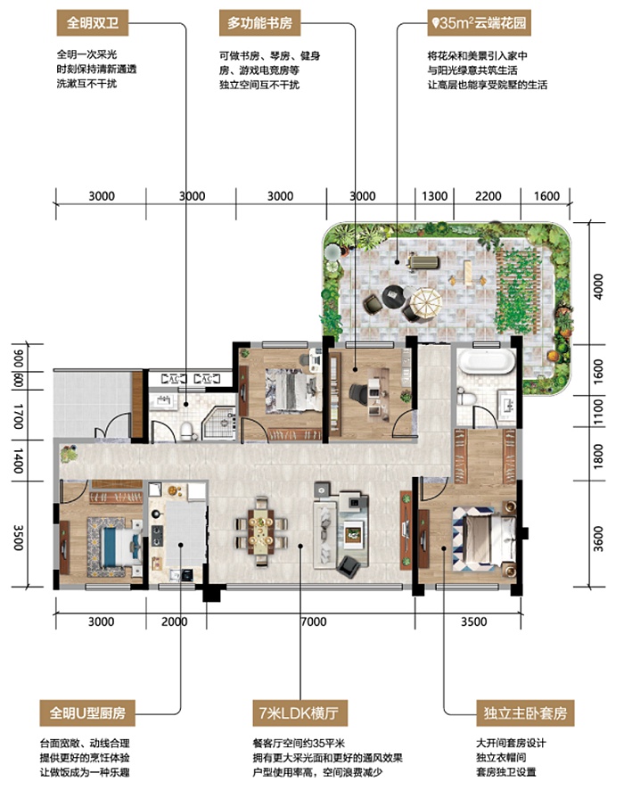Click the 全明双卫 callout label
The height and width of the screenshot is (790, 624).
point(92,22)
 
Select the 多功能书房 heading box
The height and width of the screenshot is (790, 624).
point(259,22)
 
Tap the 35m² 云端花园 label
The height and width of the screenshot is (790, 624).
point(479,22)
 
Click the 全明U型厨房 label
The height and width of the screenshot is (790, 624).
point(87,713)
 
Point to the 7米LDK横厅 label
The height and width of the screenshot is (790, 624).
point(300,713)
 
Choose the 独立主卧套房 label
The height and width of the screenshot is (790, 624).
point(525,713)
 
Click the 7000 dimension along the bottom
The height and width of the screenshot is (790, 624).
point(313,621)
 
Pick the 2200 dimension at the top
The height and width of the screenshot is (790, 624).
point(488,196)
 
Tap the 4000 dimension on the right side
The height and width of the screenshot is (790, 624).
point(598,286)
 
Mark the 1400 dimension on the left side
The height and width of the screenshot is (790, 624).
point(18,460)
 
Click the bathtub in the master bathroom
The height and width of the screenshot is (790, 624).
point(488,362)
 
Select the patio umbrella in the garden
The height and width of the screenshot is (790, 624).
point(425,303)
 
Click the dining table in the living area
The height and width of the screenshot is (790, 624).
point(261,531)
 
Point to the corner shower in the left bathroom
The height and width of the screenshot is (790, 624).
point(218,424)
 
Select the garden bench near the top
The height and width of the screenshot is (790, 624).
point(424,262)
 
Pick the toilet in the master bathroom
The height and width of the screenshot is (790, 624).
point(466,398)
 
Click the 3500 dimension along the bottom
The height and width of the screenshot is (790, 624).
point(473,621)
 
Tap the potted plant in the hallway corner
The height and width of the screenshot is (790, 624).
point(67,454)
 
